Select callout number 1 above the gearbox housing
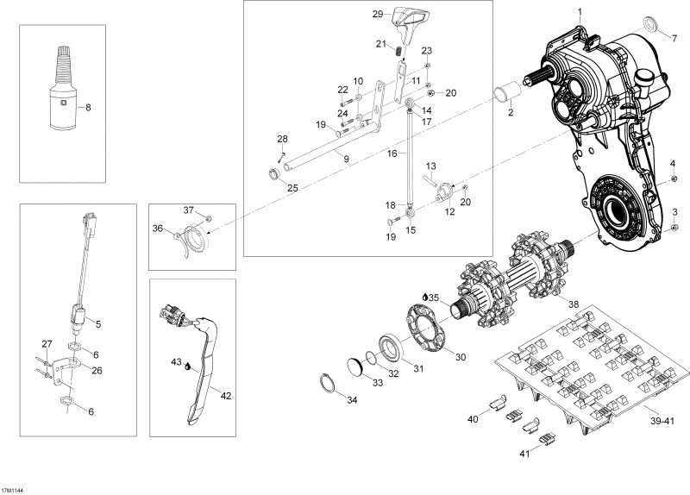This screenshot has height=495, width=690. [580, 11]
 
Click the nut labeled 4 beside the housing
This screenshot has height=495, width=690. [672, 179]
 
